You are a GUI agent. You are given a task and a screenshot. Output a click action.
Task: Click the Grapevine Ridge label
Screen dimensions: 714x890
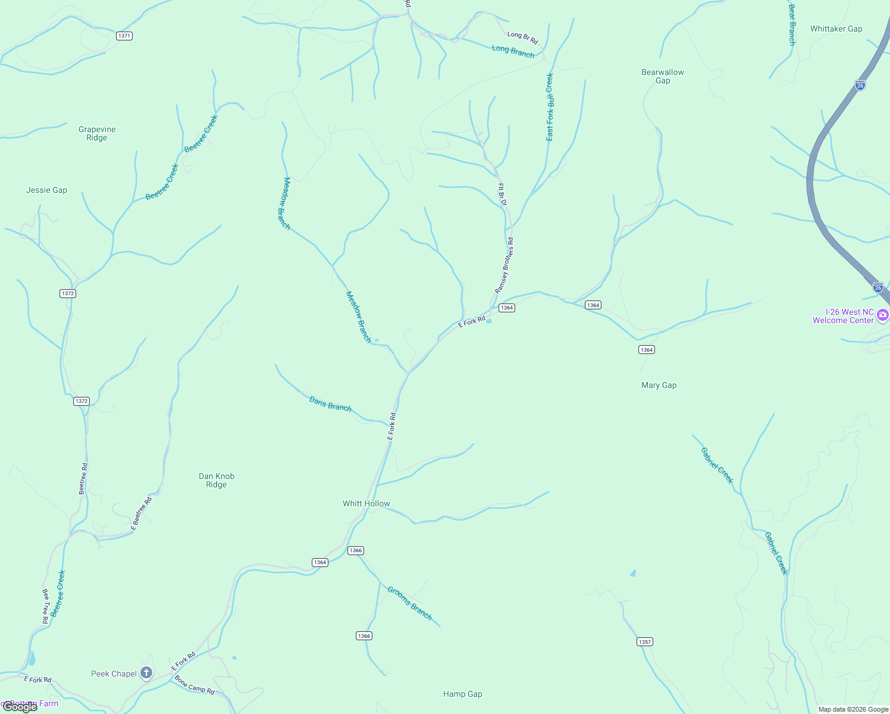tap(97, 133)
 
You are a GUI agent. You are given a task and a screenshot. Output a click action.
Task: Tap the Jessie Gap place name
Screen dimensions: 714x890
tap(47, 190)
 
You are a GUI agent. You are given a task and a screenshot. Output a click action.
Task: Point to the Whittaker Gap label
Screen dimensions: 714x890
tap(836, 29)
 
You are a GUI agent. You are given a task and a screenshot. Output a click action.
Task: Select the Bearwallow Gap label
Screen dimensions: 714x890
tap(663, 76)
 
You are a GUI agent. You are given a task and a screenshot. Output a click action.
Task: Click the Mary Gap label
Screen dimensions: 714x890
tap(659, 385)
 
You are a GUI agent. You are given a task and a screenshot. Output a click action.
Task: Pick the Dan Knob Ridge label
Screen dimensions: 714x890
tap(217, 480)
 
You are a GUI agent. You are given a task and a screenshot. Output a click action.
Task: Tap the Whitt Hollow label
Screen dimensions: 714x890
tap(366, 503)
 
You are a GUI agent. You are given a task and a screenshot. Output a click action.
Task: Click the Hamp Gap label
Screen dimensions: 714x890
tap(463, 694)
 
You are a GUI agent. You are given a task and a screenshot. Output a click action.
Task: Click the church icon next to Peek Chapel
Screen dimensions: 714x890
tap(146, 673)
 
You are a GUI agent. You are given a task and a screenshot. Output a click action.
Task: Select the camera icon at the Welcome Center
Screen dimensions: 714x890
tap(883, 315)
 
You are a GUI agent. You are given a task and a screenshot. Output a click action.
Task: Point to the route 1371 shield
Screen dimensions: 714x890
tap(124, 36)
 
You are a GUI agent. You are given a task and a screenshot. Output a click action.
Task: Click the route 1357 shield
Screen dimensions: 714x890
tap(645, 641)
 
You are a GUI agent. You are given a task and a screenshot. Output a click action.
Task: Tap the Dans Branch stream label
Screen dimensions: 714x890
tap(330, 404)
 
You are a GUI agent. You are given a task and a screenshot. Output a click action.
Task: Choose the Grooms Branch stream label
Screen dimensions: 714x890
tap(410, 603)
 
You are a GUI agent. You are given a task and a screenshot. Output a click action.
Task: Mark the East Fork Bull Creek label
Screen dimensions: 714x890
tap(550, 107)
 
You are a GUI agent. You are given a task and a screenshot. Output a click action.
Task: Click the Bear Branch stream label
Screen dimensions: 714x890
tap(791, 25)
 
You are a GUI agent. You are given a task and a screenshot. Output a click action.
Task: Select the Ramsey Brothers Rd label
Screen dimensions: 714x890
tap(504, 265)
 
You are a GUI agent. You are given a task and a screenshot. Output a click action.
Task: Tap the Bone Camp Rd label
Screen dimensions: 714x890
tap(195, 685)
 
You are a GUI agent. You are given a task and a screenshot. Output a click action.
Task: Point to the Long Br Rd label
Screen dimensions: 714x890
tap(523, 38)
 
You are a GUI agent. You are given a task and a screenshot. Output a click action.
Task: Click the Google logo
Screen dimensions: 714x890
tap(20, 707)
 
